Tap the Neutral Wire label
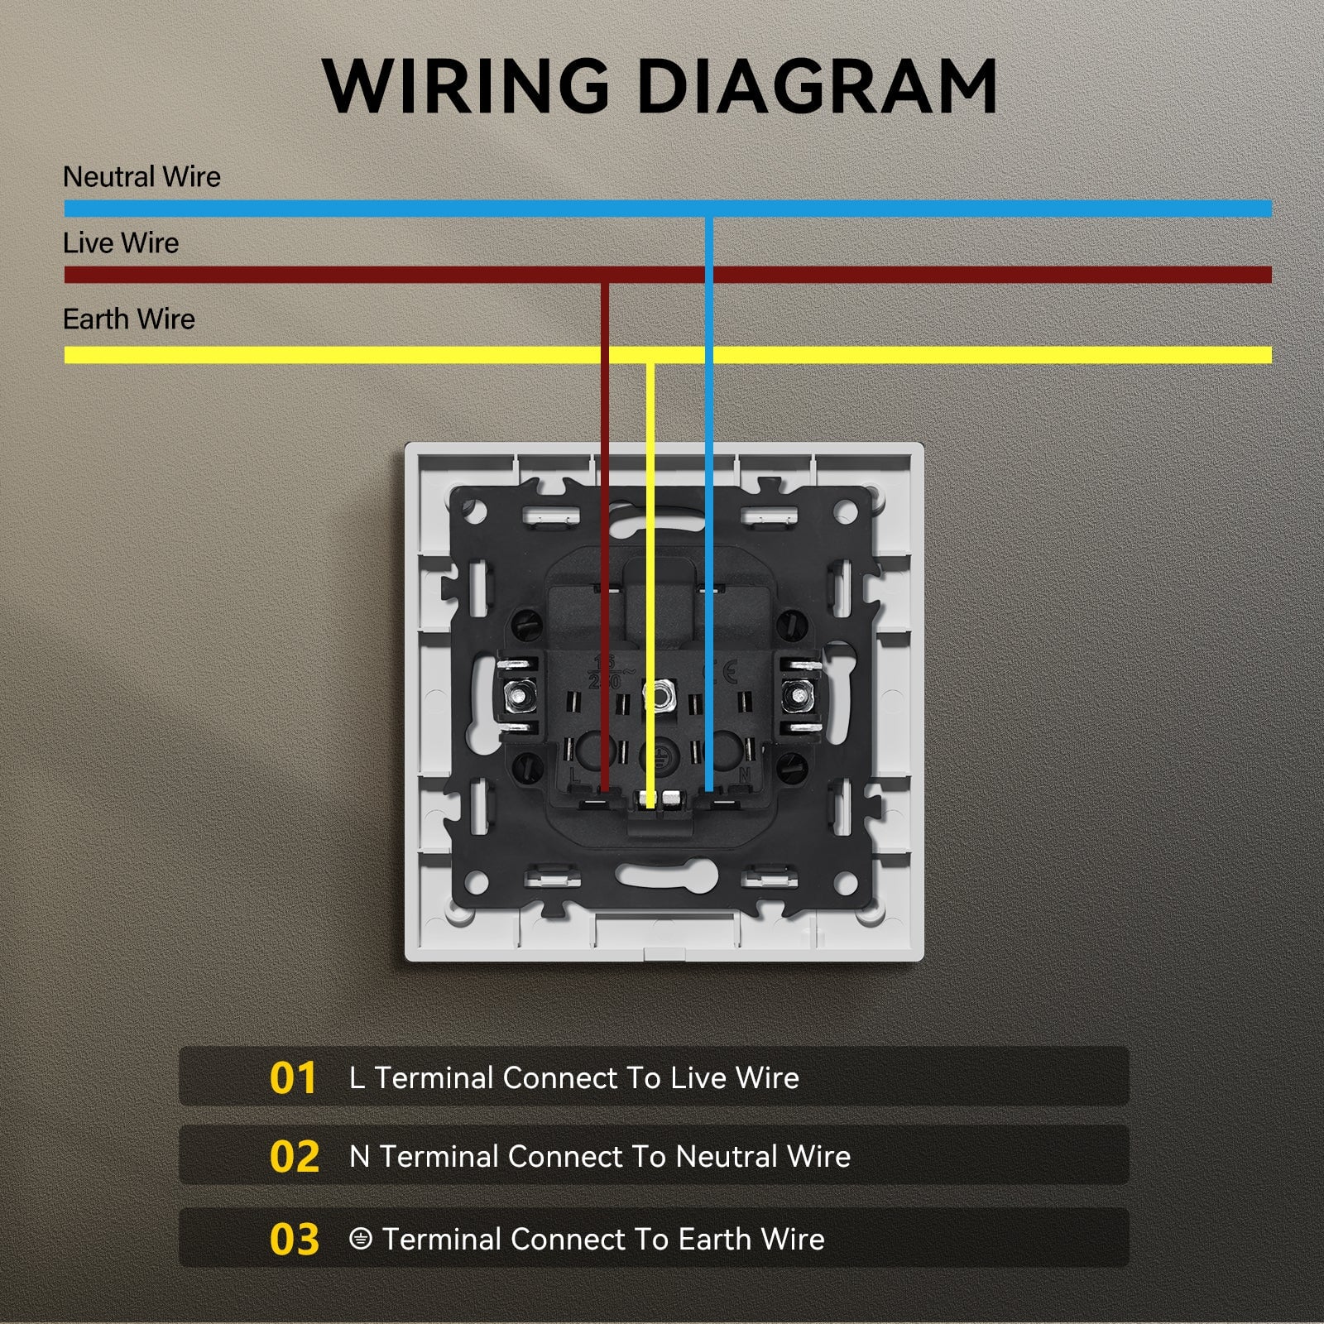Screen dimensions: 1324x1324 (142, 176)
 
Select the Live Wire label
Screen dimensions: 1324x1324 (121, 243)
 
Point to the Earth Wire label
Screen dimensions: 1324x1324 (129, 319)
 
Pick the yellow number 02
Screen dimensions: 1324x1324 (294, 1156)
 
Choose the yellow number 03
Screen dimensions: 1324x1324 (294, 1239)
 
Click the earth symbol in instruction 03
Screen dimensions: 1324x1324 (360, 1239)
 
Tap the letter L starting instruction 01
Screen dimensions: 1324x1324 (357, 1077)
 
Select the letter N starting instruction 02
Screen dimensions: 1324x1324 (359, 1156)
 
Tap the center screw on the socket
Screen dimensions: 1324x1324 (659, 695)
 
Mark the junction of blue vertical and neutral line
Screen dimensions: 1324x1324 (709, 209)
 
